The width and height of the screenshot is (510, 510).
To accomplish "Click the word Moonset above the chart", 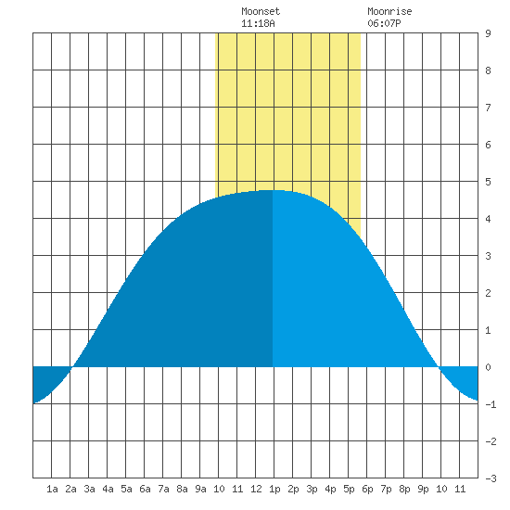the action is [261, 11].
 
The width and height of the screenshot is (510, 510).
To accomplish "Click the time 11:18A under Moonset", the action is [258, 23].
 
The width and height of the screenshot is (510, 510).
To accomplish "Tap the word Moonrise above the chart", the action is [389, 11].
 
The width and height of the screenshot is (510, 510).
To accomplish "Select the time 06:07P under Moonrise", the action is [384, 23].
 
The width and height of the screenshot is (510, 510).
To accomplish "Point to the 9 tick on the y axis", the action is [488, 33].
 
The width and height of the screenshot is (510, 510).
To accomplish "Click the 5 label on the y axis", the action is [488, 182].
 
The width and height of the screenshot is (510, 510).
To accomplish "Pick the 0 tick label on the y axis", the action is [488, 367].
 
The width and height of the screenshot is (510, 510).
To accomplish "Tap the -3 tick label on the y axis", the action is [491, 478].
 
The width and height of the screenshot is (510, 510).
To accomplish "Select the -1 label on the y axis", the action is [491, 404].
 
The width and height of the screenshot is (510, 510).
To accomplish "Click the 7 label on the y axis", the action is [488, 108].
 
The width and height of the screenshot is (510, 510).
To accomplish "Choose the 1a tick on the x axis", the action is [52, 489].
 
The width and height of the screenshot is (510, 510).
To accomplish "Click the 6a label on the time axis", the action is [145, 489].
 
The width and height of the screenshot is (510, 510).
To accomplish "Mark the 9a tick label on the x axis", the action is [200, 489].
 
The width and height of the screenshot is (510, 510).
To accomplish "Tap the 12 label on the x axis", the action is [256, 489].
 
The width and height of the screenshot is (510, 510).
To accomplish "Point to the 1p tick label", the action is [274, 489].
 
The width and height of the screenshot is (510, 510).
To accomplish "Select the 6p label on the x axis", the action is [367, 489].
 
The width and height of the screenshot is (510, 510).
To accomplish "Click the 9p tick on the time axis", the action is [423, 489].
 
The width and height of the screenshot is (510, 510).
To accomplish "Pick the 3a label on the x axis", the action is [89, 489].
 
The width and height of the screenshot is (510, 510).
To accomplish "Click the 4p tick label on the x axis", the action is [330, 489].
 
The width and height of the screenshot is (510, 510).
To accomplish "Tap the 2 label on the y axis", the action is [488, 293].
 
